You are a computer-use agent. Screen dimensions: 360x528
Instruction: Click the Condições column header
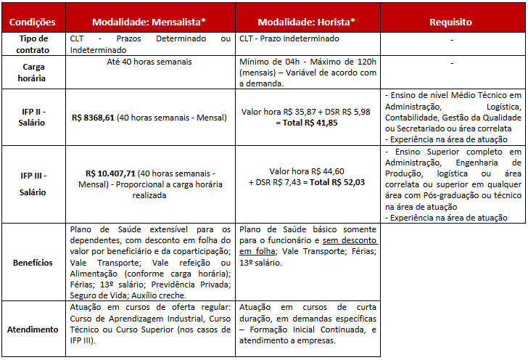point(31,22)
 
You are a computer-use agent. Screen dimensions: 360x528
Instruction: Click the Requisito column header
point(450,22)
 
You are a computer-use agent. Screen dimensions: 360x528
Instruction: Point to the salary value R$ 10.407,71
point(110,173)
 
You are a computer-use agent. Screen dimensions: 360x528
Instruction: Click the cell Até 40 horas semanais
point(150,62)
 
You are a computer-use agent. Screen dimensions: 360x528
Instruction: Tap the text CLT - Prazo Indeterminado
point(287,38)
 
